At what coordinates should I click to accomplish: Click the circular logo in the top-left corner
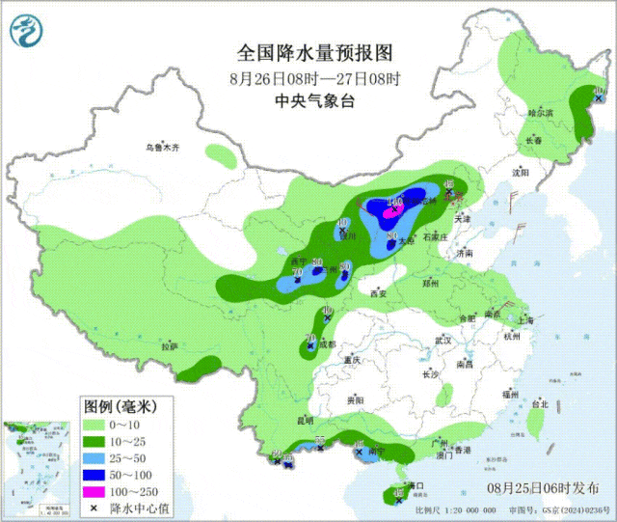coord(27,35)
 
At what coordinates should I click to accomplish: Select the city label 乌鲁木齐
coord(163,148)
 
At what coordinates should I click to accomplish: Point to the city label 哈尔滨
coord(541,114)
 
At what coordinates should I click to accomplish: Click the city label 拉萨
coord(170,346)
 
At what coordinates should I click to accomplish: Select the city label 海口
coord(416,484)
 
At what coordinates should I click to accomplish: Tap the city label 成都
coord(327,343)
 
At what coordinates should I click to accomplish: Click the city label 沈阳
coord(522,173)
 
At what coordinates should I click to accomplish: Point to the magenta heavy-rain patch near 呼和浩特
coord(394,204)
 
